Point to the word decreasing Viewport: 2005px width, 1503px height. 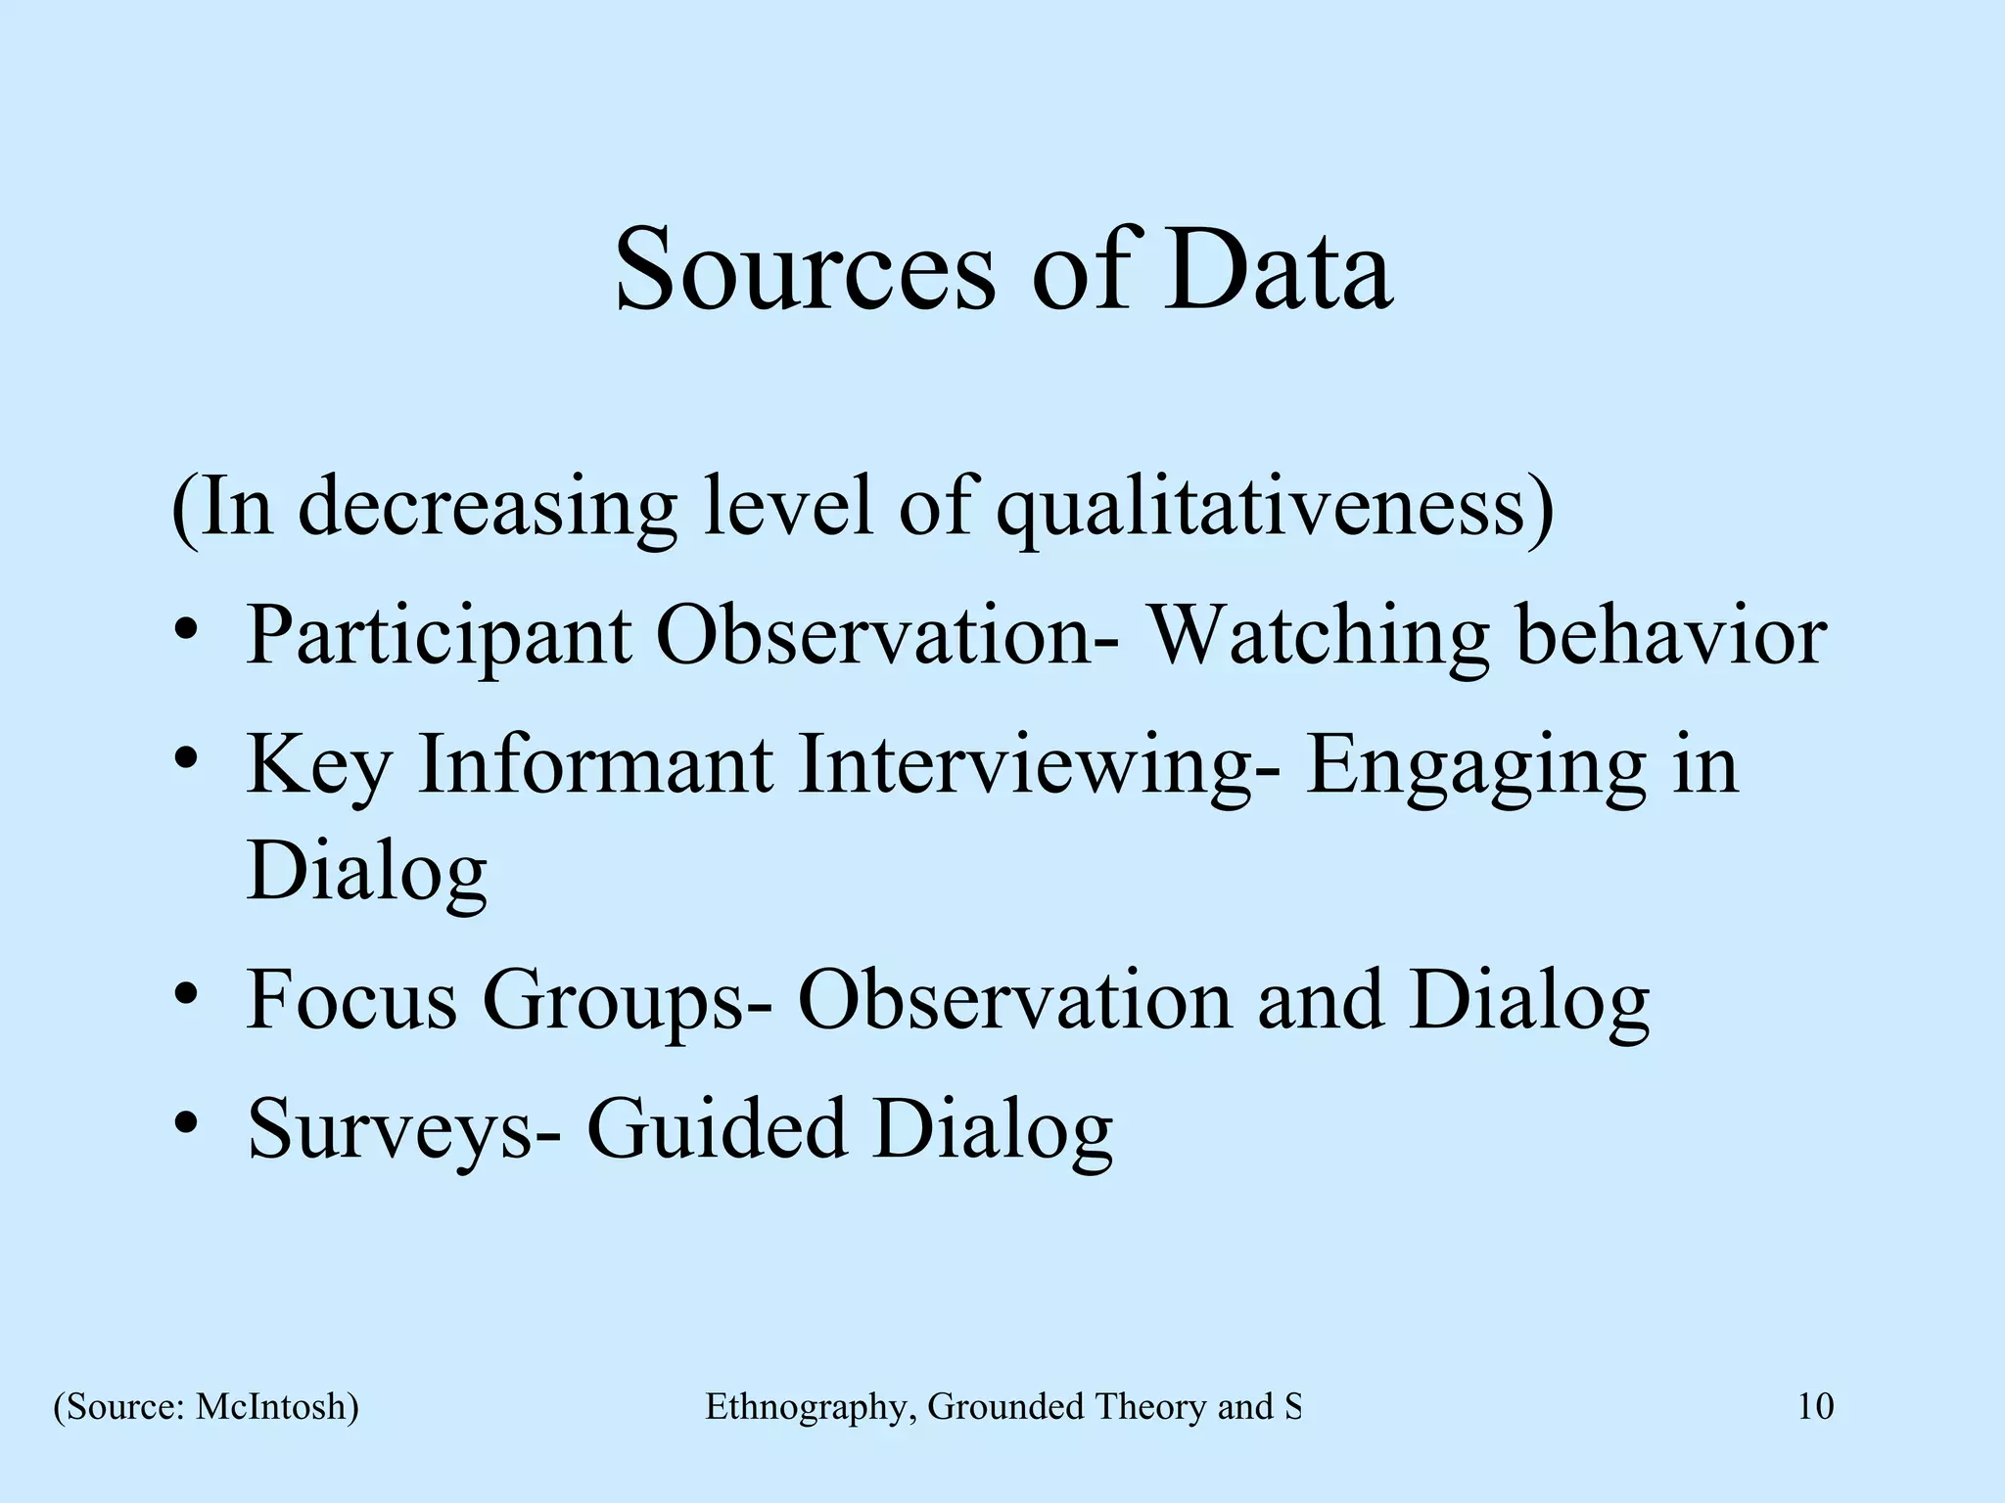point(488,509)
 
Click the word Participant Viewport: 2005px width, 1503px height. point(439,637)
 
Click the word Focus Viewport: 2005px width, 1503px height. point(351,1000)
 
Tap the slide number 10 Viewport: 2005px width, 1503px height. point(1815,1407)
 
